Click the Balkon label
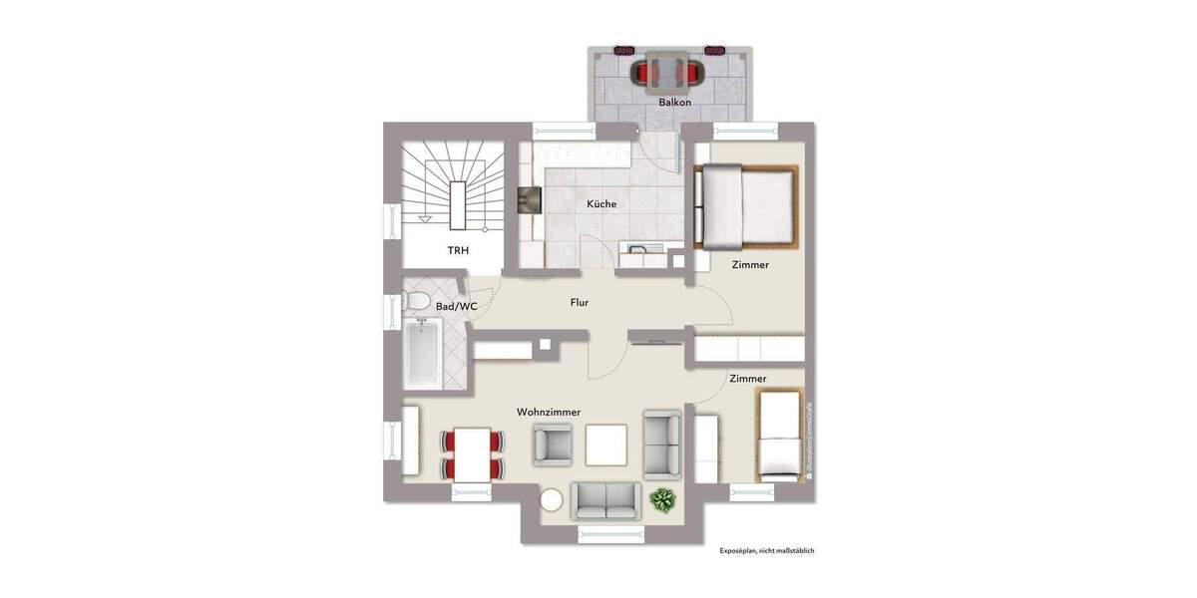(674, 103)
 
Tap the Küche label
(601, 203)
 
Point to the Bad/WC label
(457, 307)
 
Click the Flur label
(579, 302)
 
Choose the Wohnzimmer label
(549, 412)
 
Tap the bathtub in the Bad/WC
(421, 354)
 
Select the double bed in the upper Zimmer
(746, 206)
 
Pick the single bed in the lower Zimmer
(779, 437)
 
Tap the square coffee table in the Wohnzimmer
(606, 445)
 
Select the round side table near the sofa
(551, 500)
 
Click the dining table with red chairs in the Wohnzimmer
(471, 454)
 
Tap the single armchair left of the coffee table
(553, 445)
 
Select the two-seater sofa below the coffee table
(605, 499)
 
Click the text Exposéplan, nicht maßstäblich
(767, 550)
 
